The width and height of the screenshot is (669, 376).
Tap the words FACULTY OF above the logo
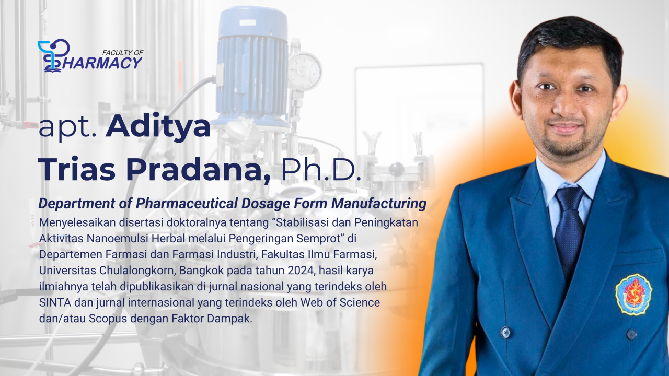123,53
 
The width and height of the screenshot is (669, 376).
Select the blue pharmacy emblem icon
53,56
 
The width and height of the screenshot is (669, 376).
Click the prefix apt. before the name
68,128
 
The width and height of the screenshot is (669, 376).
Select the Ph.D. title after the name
321,170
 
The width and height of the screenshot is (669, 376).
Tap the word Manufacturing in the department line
379,204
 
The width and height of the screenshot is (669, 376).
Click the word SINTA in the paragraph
55,302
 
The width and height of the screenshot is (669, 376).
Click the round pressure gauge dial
305,72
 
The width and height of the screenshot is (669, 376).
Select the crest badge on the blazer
634,295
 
